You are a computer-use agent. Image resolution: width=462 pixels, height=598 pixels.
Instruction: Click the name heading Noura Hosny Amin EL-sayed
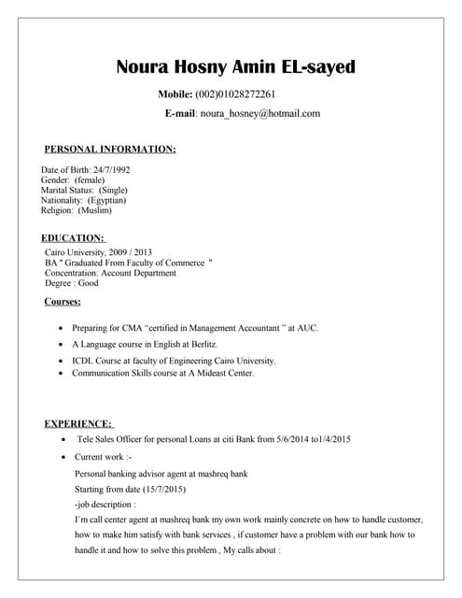[x=235, y=67]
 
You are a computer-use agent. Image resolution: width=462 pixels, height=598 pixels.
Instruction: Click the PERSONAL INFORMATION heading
[x=110, y=149]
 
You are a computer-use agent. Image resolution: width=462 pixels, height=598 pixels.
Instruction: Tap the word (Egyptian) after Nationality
[x=107, y=200]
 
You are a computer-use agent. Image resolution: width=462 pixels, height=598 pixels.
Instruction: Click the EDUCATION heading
[x=74, y=238]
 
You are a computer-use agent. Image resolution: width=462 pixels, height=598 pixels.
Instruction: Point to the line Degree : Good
[x=72, y=283]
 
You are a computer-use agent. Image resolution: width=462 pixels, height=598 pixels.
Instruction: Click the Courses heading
[x=63, y=301]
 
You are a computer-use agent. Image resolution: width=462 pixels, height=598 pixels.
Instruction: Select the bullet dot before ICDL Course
[x=62, y=361]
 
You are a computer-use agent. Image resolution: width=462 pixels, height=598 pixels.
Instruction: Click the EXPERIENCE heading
[x=78, y=423]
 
